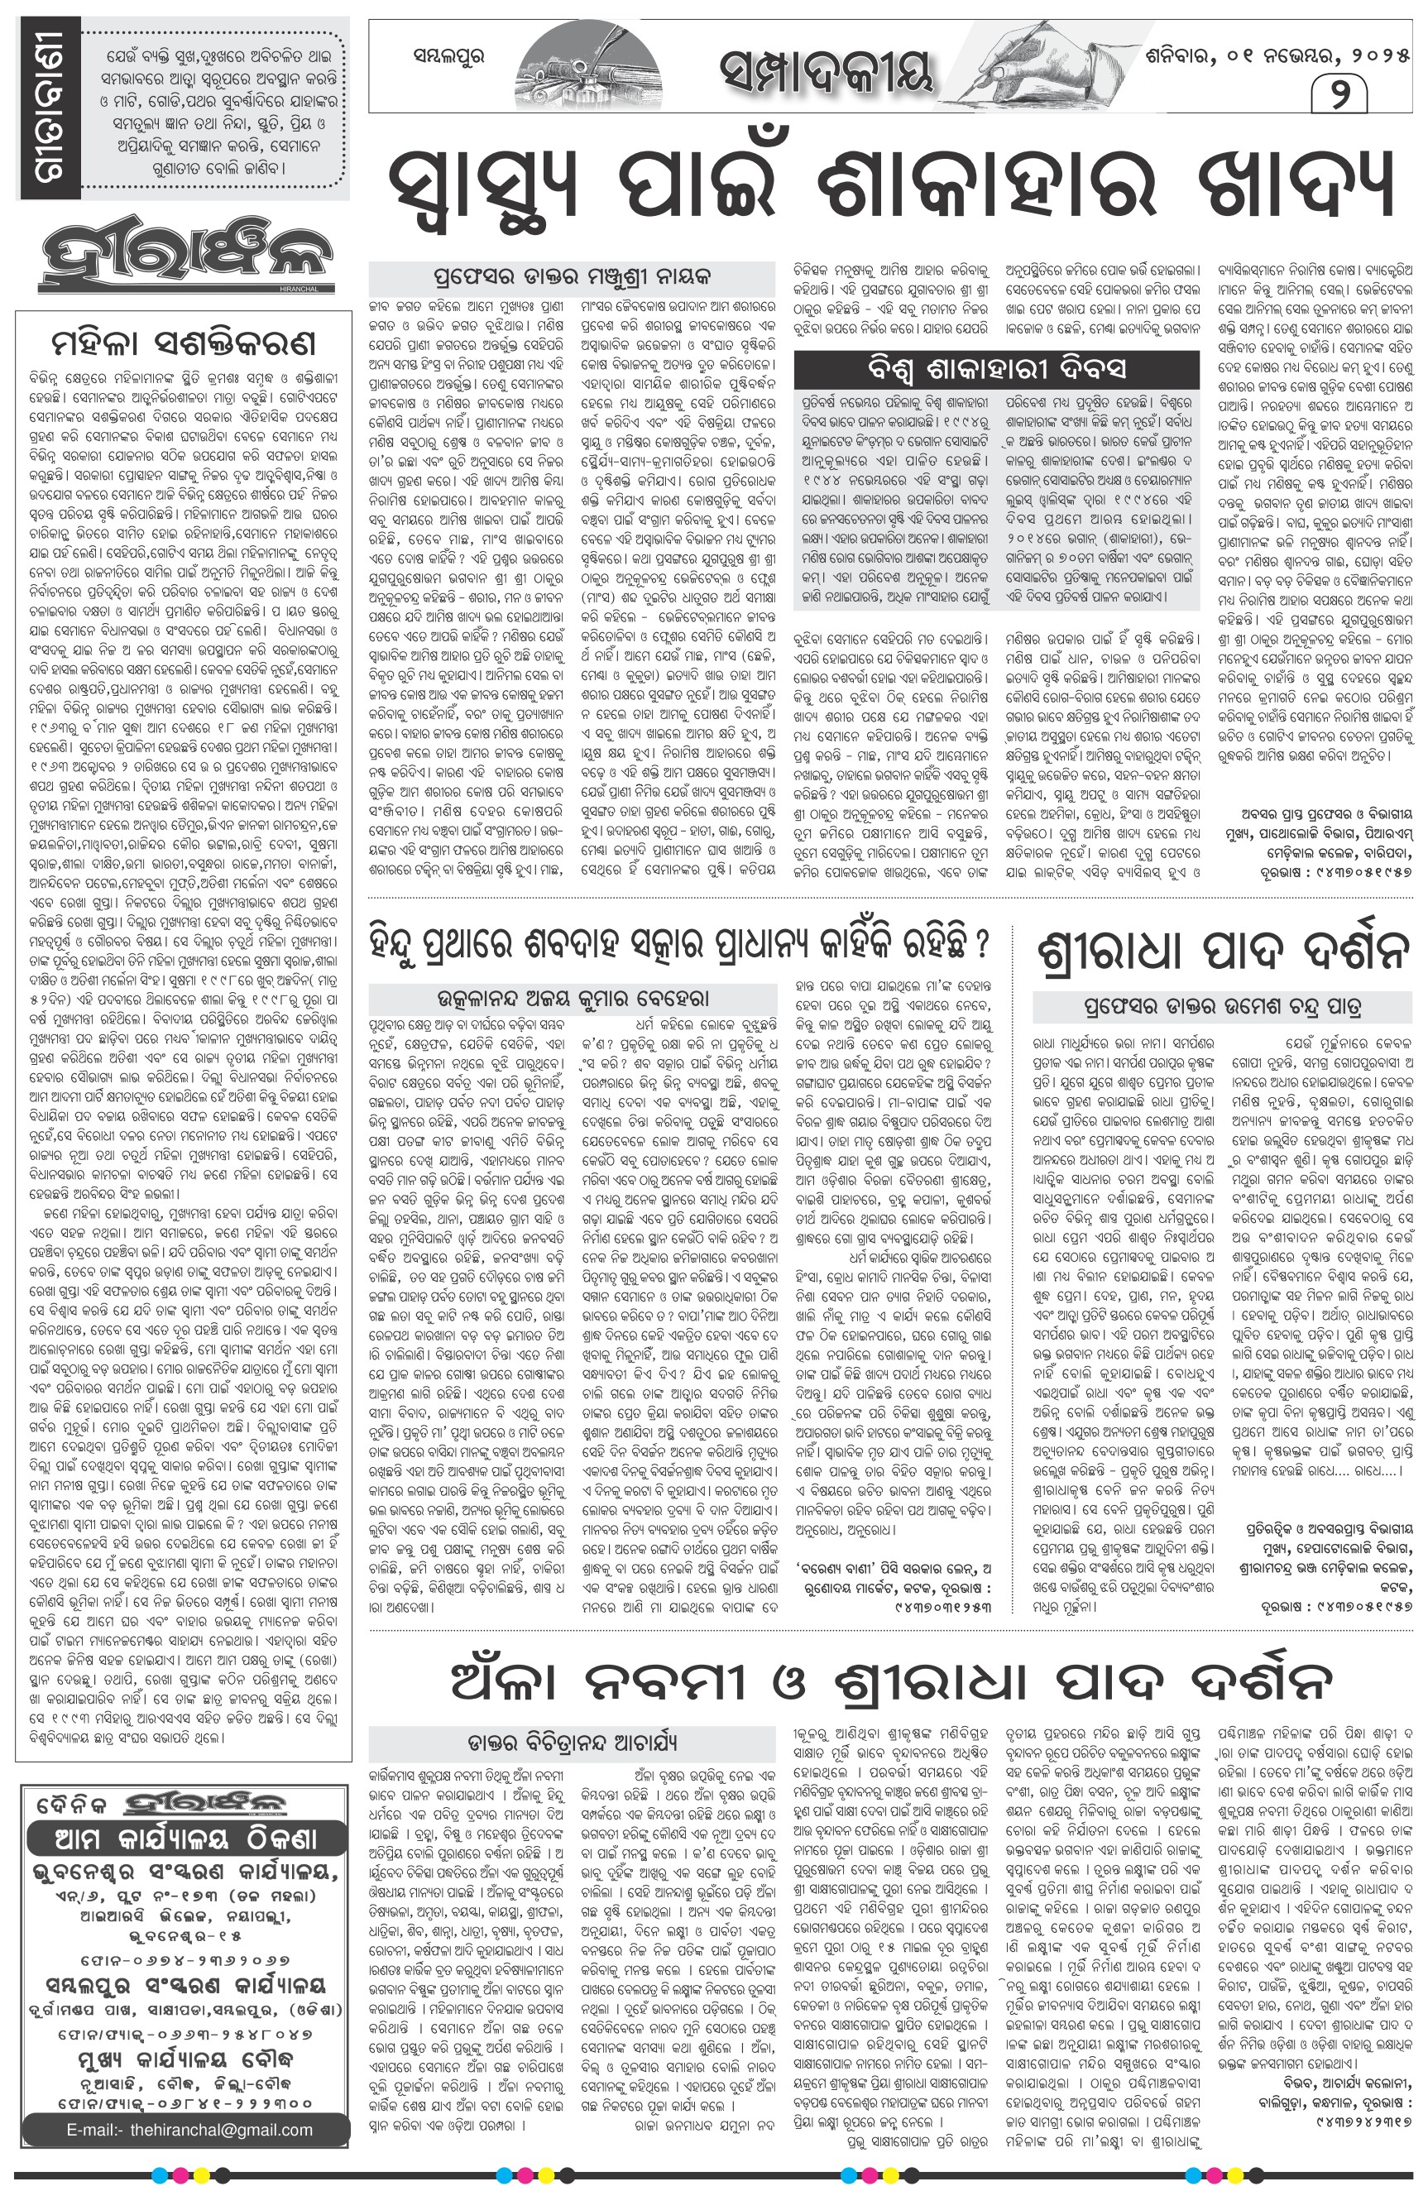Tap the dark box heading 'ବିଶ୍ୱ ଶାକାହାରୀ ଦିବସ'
point(997,370)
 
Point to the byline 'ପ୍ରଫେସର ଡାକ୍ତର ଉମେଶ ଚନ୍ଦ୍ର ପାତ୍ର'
point(1223,1006)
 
